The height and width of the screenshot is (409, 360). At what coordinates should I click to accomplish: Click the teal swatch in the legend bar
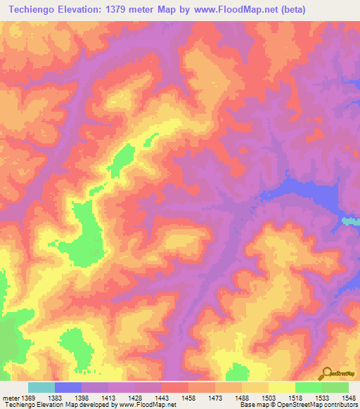point(41,387)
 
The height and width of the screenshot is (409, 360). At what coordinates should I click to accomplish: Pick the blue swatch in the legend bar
point(67,387)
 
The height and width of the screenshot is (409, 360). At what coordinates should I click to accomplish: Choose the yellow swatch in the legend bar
point(281,387)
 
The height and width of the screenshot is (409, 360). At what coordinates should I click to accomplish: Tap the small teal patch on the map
point(350,221)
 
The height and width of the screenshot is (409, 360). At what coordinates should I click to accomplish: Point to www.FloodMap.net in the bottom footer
point(149,405)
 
